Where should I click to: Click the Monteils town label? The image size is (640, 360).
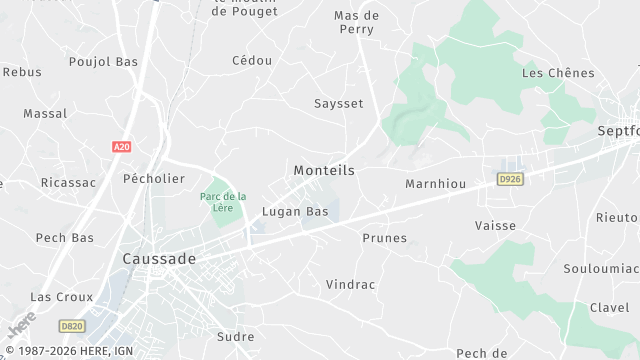(x=324, y=171)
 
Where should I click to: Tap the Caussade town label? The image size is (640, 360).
(x=159, y=258)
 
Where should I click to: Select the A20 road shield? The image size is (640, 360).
(x=121, y=147)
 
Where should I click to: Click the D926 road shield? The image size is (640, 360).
(x=510, y=179)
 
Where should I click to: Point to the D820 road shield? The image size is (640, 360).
(x=71, y=325)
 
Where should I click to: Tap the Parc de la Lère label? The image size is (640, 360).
(x=222, y=201)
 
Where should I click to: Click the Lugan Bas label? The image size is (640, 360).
(x=295, y=212)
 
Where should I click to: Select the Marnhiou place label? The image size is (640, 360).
(x=436, y=184)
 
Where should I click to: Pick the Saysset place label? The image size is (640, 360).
(x=338, y=103)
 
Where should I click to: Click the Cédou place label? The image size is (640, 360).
(x=252, y=61)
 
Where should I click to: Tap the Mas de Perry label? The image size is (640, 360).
(x=356, y=22)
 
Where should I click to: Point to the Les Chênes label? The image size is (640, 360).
(x=558, y=73)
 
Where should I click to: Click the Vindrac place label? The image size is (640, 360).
(x=350, y=285)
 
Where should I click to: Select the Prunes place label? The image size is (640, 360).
(x=384, y=238)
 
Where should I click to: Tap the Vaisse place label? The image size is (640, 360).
(x=496, y=226)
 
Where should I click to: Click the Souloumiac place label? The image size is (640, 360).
(x=601, y=269)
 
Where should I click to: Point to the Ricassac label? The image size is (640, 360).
(x=68, y=183)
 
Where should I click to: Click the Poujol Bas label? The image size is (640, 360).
(x=103, y=62)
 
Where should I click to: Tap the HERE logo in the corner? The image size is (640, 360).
(x=20, y=326)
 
